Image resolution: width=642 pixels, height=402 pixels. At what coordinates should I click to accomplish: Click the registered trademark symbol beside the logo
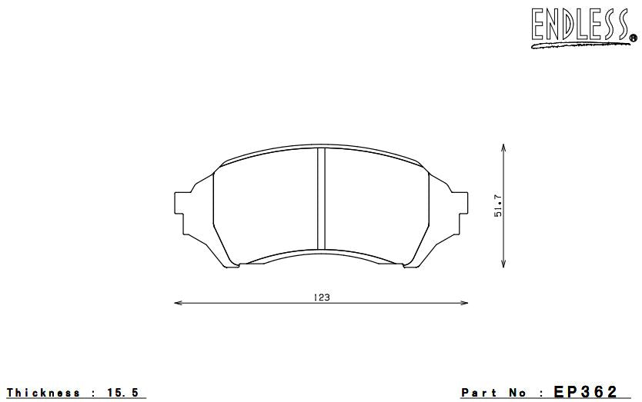pos(633,38)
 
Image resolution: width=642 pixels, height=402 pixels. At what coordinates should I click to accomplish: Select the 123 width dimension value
pos(323,297)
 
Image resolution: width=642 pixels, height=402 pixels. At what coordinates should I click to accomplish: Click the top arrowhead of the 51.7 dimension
pos(503,146)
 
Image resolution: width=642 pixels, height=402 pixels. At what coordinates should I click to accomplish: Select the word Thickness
pos(43,393)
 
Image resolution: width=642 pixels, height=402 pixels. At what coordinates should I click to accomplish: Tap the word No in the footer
pos(521,393)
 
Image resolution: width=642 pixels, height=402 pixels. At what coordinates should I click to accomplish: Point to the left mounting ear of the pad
pos(185,204)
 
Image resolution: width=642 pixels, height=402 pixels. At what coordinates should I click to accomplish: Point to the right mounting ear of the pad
pos(459,204)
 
